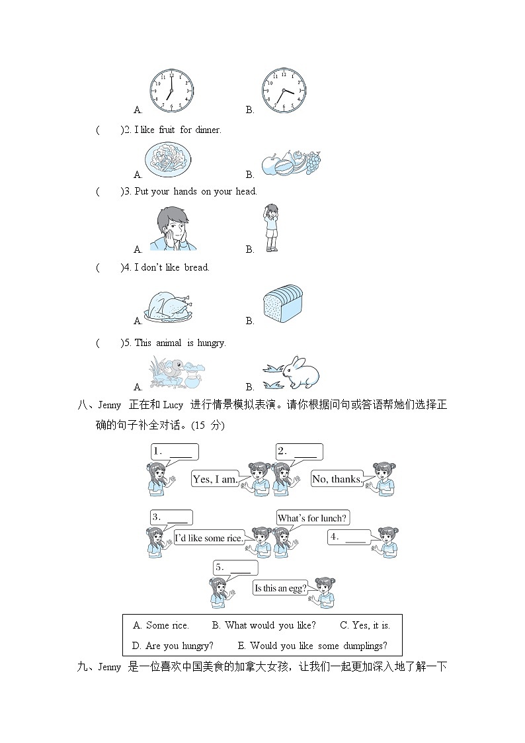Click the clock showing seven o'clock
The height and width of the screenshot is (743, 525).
(171, 91)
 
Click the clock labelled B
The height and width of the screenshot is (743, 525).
(284, 91)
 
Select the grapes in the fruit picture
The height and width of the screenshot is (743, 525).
(313, 162)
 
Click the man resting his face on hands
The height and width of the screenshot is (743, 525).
(173, 229)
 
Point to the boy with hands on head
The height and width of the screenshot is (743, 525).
(271, 228)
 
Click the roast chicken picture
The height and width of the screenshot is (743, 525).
(169, 306)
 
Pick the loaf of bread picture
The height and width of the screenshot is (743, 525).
(282, 304)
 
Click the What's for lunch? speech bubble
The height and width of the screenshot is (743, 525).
(313, 518)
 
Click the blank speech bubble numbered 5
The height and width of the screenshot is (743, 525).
(235, 568)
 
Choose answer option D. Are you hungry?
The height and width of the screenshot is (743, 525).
(173, 646)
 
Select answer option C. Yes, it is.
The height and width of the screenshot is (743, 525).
(365, 625)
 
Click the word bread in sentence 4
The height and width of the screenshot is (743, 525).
(196, 267)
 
